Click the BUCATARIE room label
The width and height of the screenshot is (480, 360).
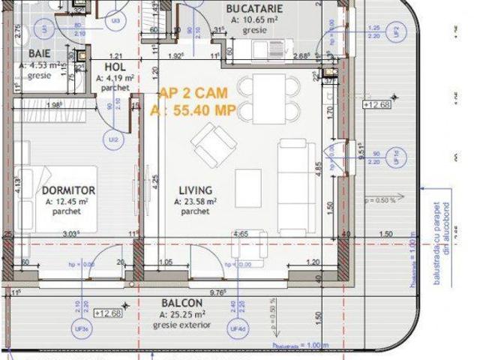point(253,9)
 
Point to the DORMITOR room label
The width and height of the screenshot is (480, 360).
point(68,190)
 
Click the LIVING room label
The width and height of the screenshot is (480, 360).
point(195,190)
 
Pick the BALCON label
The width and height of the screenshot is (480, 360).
point(178,304)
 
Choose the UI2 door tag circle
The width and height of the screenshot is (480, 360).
point(112,139)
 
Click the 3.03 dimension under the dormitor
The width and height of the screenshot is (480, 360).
point(70,235)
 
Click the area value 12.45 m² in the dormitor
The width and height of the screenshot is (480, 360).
point(68,201)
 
